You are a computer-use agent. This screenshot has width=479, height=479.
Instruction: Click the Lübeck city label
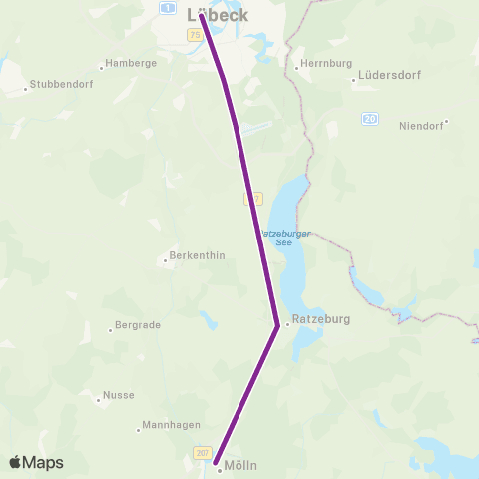click(x=218, y=15)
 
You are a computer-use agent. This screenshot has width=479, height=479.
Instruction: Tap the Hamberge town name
click(x=130, y=62)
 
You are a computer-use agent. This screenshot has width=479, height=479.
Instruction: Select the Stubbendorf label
click(x=62, y=84)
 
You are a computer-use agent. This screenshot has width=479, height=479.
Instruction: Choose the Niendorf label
click(x=420, y=126)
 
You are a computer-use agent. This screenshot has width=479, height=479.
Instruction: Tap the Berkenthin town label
click(x=201, y=255)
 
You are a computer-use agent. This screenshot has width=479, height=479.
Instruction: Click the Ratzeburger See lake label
click(x=285, y=238)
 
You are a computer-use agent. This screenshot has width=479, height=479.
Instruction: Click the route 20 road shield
click(x=370, y=119)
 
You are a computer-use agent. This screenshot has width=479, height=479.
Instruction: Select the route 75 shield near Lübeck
click(x=194, y=35)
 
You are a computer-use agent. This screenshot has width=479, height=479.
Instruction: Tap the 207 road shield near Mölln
click(x=203, y=453)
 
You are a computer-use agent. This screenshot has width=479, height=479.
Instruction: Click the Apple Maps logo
click(x=36, y=462)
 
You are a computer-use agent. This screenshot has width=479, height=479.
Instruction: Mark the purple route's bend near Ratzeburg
click(x=276, y=323)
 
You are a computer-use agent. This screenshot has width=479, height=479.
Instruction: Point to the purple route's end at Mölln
click(x=216, y=461)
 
